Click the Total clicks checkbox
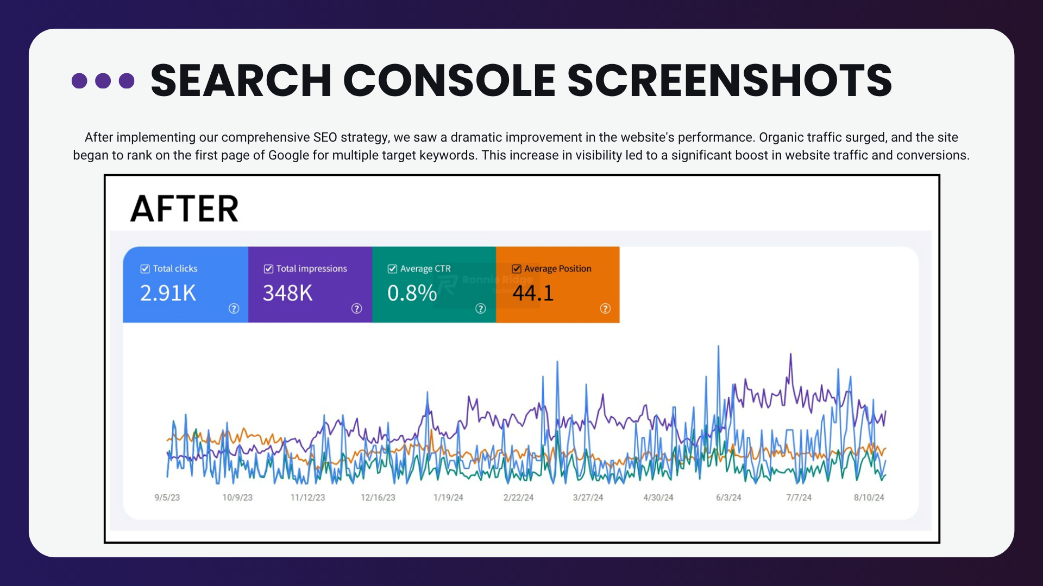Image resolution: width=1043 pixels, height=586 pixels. pyautogui.click(x=145, y=269)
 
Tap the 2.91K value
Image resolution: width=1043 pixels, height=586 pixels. pyautogui.click(x=168, y=293)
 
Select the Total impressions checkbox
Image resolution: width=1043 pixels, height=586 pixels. pyautogui.click(x=268, y=269)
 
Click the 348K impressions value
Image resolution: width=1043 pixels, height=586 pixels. pyautogui.click(x=288, y=293)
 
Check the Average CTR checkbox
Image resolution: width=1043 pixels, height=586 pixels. pyautogui.click(x=392, y=269)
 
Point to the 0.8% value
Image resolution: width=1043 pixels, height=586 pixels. pyautogui.click(x=412, y=293)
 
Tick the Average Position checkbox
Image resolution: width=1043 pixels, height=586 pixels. pyautogui.click(x=517, y=269)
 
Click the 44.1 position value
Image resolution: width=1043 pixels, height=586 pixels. pyautogui.click(x=533, y=293)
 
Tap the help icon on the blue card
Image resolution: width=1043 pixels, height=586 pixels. pyautogui.click(x=234, y=308)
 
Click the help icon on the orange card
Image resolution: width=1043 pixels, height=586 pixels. pyautogui.click(x=605, y=308)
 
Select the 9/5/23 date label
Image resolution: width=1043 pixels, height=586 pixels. pyautogui.click(x=167, y=498)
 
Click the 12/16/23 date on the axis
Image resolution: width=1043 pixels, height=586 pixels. pyautogui.click(x=378, y=498)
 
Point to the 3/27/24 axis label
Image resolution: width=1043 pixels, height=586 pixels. pyautogui.click(x=588, y=498)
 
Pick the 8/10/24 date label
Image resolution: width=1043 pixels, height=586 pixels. pyautogui.click(x=869, y=498)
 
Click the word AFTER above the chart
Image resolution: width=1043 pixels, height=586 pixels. pyautogui.click(x=184, y=209)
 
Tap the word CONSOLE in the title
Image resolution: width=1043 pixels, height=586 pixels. pyautogui.click(x=449, y=81)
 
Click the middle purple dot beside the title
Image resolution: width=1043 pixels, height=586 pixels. pyautogui.click(x=103, y=81)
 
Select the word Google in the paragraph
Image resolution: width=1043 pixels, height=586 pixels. pyautogui.click(x=288, y=155)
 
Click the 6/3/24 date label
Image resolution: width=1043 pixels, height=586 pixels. pyautogui.click(x=728, y=498)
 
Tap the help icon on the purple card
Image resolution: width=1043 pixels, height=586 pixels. pyautogui.click(x=356, y=308)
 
